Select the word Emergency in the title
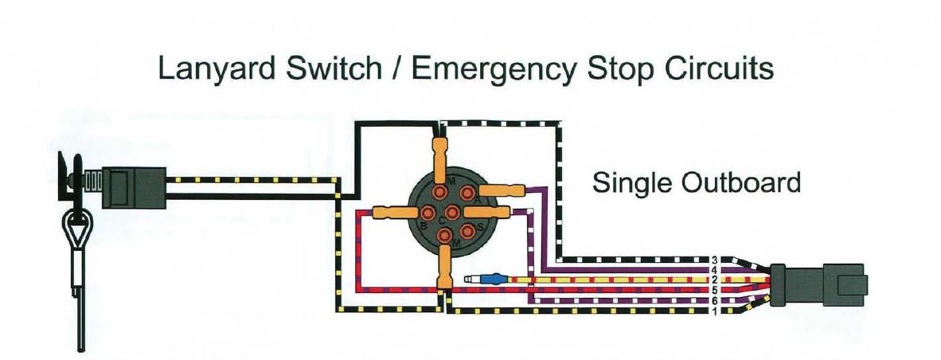[494, 69]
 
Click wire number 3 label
[715, 260]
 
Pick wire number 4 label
[715, 270]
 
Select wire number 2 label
[715, 280]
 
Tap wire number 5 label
[715, 290]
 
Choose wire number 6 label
[715, 300]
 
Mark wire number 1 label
[715, 311]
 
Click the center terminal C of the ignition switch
[451, 212]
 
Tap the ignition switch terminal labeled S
[467, 230]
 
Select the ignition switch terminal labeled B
[428, 212]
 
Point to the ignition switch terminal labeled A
[467, 193]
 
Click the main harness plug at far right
[818, 284]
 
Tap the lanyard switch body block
[133, 188]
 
